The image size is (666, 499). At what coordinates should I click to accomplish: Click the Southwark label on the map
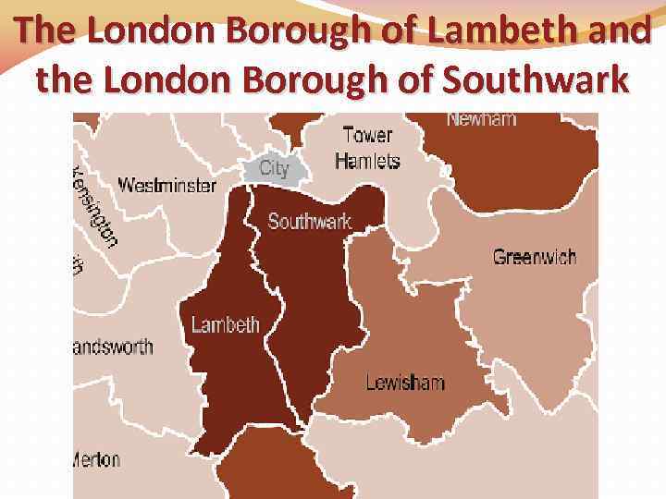tap(310, 222)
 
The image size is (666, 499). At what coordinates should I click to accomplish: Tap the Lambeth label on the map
tap(225, 324)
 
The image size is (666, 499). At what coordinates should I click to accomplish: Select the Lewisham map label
tap(404, 382)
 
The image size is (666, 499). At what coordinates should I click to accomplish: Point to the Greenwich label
tap(534, 256)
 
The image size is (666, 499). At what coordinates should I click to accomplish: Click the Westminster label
tap(166, 185)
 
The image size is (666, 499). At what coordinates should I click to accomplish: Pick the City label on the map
tap(274, 168)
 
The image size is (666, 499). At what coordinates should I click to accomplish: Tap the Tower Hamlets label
tap(367, 148)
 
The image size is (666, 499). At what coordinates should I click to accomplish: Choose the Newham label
tap(481, 119)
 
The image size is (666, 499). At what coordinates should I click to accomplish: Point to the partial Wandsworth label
tap(112, 347)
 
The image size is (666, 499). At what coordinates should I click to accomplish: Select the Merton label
tap(96, 459)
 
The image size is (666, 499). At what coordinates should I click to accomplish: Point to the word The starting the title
tap(45, 32)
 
